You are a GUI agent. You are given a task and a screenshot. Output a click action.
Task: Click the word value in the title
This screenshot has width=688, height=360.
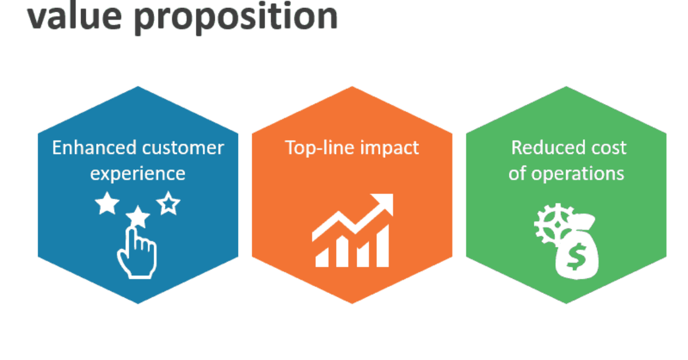pos(75,16)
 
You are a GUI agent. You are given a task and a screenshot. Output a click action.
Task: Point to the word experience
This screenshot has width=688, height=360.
pos(138,174)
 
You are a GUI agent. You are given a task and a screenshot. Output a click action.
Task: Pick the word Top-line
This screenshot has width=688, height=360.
pos(318,149)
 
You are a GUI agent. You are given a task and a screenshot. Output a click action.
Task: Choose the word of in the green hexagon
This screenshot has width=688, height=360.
pos(517,174)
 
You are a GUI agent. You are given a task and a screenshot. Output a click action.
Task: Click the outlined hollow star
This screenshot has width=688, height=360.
pos(169,203)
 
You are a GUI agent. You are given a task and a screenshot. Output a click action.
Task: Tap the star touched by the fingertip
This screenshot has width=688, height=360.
pos(138,216)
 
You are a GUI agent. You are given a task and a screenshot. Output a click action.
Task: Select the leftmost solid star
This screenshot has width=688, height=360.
pos(107,203)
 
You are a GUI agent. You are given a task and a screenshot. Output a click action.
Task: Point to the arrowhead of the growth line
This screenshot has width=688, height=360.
pos(384,203)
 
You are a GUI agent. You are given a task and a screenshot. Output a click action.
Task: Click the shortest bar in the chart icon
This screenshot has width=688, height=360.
pos(323,258)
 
